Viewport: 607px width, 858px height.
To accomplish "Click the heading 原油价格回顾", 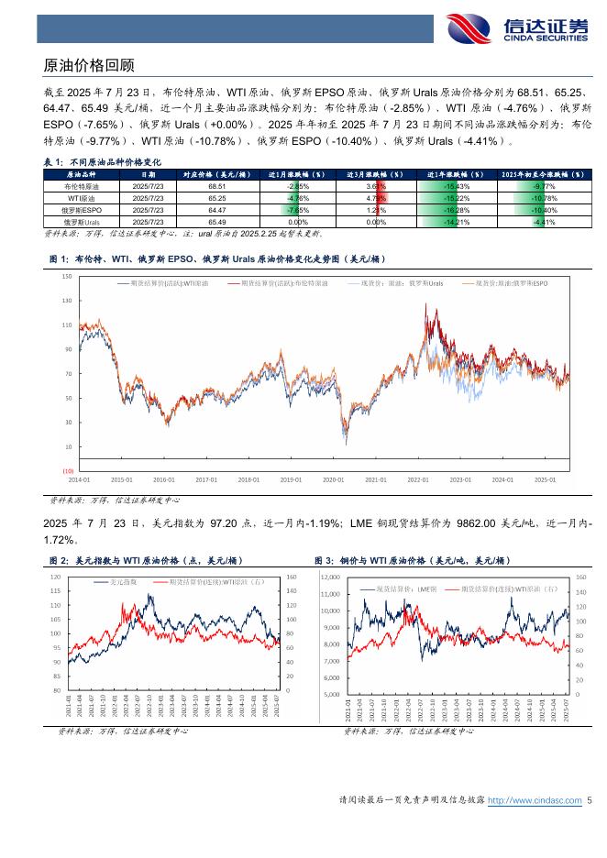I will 90,66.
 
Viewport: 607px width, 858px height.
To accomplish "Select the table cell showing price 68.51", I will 217,185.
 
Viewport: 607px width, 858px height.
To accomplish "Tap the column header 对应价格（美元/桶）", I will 217,173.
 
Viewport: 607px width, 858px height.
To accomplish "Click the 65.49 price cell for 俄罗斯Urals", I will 217,221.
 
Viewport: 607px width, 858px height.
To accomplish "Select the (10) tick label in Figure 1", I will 68,470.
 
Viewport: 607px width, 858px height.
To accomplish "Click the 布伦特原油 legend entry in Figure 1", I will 281,285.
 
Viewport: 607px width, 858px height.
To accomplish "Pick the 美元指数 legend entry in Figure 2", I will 123,581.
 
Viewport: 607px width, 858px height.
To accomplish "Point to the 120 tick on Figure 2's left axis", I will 56,577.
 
